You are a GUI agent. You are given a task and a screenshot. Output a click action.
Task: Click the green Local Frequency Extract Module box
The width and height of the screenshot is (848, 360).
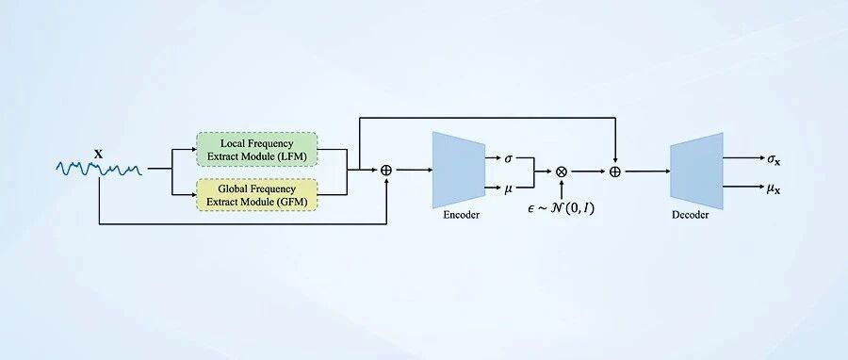point(256,149)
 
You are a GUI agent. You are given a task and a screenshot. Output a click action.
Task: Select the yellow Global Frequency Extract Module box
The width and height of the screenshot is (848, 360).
point(256,194)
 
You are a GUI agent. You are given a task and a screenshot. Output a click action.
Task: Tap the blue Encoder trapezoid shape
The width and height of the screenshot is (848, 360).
point(459,170)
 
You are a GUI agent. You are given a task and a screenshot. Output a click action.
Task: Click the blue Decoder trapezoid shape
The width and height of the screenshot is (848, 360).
point(696,171)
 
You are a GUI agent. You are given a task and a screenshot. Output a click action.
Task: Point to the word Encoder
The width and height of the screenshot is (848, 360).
point(462,215)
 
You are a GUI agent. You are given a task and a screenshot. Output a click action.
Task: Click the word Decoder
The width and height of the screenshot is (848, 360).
point(690,215)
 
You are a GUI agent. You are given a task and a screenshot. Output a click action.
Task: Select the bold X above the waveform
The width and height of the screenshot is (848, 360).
point(98,154)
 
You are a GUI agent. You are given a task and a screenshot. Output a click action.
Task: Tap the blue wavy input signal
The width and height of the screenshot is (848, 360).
point(99,170)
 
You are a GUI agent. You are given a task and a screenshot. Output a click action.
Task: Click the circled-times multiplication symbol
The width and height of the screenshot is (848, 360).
point(562,172)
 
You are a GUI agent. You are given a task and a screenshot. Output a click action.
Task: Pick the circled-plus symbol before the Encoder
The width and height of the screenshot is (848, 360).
point(386,170)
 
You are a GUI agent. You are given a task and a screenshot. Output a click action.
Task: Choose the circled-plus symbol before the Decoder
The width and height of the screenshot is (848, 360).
point(615,172)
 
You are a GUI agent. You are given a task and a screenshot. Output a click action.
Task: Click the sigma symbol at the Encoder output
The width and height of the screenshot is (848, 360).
point(509,158)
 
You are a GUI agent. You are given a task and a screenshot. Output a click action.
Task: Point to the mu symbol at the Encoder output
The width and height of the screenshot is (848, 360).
point(509,188)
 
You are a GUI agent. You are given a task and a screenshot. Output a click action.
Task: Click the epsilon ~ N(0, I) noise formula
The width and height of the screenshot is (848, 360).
point(561,208)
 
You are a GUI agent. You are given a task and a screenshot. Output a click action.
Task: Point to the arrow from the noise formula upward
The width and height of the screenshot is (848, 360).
point(562,188)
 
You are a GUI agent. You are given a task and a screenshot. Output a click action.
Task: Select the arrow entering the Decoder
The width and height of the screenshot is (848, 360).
point(648,172)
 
